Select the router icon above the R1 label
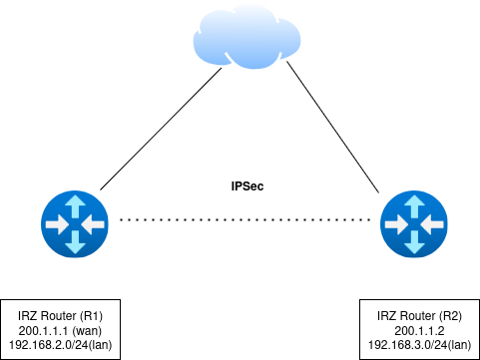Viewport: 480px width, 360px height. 75,224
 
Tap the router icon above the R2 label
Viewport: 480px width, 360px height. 414,224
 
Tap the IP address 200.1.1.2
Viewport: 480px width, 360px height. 419,331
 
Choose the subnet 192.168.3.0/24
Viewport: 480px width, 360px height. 408,346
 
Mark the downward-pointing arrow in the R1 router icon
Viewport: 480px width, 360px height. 75,243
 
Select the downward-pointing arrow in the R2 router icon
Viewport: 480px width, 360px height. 414,243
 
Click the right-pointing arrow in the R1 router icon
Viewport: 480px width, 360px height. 57,224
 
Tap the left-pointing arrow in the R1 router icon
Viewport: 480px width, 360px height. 93,224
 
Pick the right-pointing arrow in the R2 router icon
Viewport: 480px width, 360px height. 396,224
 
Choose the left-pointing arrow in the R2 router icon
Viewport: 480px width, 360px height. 432,224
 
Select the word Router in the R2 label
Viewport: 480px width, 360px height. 416,316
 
